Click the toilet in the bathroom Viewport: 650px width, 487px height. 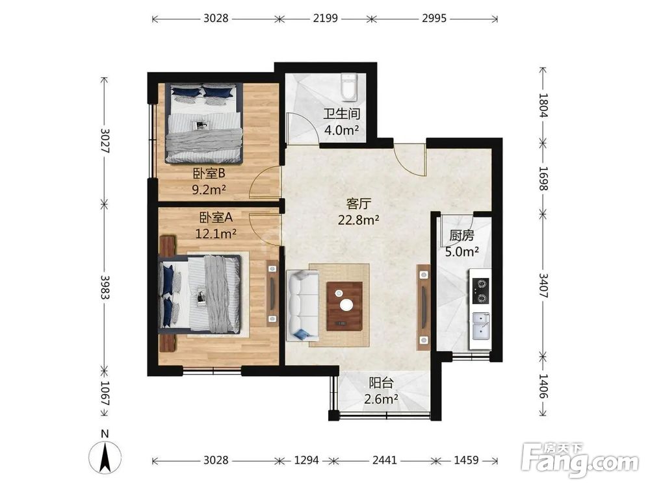pos(349,88)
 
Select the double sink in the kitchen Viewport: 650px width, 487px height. pos(481,326)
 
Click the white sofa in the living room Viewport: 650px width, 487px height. pos(303,306)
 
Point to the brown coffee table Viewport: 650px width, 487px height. pos(344,306)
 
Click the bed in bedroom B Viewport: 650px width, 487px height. pos(203,123)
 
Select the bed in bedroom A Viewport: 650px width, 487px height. pos(200,294)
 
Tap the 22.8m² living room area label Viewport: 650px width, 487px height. pos(359,220)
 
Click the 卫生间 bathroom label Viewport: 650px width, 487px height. pos(342,114)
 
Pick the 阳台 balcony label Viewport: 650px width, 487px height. pos(381,383)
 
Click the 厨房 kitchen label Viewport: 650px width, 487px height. pos(461,236)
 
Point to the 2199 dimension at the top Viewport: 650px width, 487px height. pos(326,18)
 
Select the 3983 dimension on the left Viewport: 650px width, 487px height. pos(105,288)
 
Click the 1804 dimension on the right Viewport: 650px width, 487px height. pos(543,105)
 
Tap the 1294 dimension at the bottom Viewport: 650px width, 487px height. pos(306,460)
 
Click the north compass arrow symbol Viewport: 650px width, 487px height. pos(105,453)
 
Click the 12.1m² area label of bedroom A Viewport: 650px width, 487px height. pos(216,234)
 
